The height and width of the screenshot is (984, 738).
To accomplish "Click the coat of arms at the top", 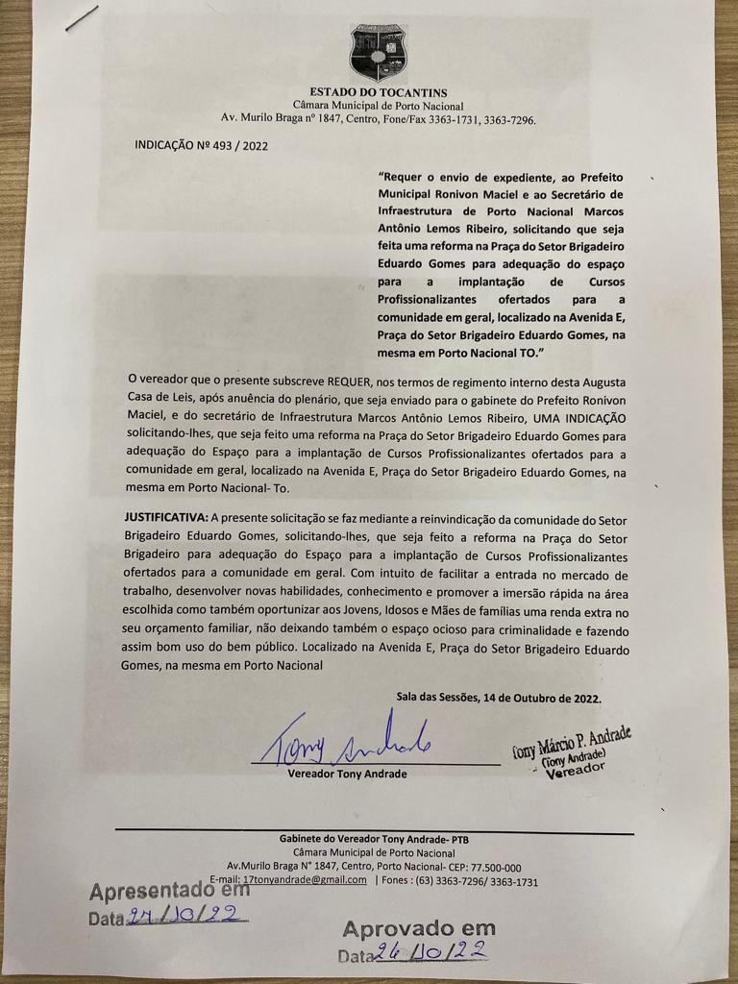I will [378, 53].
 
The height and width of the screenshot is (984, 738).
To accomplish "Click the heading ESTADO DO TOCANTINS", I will [378, 92].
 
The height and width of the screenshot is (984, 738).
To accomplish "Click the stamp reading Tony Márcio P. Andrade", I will [571, 749].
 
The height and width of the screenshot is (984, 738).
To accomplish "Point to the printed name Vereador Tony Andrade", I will [347, 774].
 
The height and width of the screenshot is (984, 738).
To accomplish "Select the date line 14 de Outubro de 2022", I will [544, 698].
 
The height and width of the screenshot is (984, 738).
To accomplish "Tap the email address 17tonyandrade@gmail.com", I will [307, 879].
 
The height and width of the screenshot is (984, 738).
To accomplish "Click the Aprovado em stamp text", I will [419, 928].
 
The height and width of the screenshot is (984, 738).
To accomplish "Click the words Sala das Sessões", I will [437, 698].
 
